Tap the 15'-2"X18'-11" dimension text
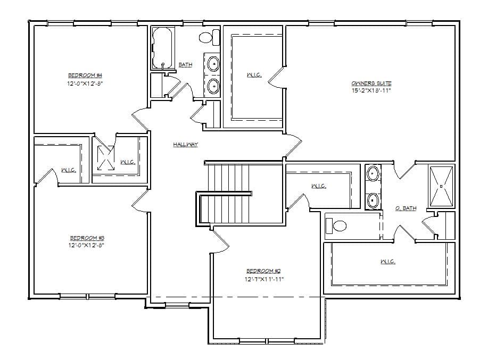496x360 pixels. pos(371,90)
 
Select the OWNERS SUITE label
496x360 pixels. pos(371,83)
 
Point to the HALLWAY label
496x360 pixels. pos(185,145)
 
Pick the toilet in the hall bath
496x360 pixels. pos(210,37)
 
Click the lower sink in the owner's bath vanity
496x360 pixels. pos(373,200)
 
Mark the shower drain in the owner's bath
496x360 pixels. pos(441,186)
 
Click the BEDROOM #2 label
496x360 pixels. pos(260,271)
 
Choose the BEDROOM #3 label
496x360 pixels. pos(83,238)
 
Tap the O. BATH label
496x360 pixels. pos(406,208)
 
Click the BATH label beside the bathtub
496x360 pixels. pos(185,65)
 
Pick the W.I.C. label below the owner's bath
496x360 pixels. pos(387,262)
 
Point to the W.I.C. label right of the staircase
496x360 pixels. pos(318,186)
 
